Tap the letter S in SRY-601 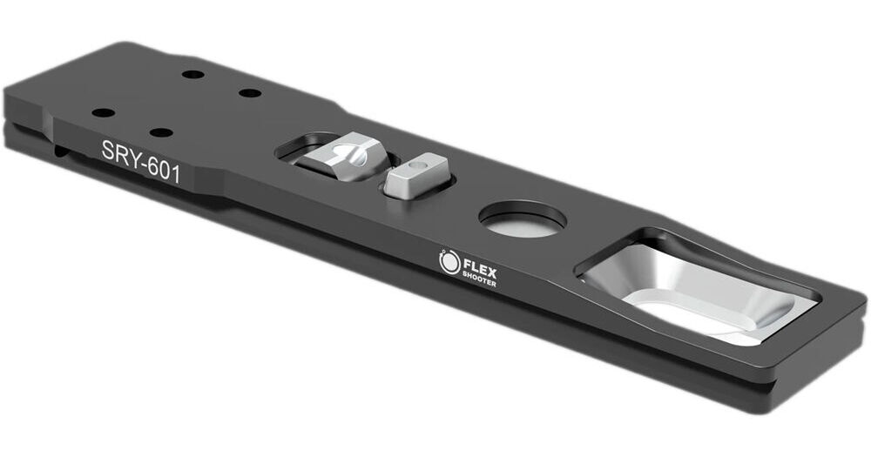[108, 151]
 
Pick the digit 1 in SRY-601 [176, 173]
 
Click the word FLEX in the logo [480, 266]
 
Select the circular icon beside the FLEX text [449, 261]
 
